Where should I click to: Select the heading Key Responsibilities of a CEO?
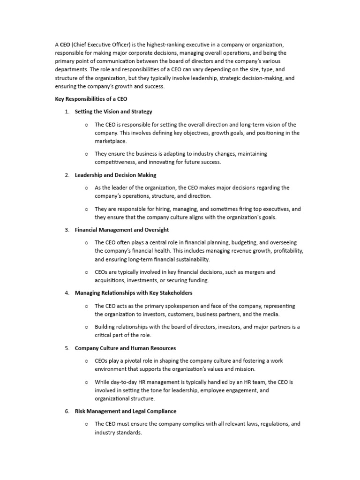tap(91, 99)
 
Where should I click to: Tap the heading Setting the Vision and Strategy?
tap(113, 112)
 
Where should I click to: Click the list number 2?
tap(67, 175)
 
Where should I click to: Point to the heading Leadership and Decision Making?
tap(116, 175)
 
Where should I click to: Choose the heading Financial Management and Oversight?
tap(122, 230)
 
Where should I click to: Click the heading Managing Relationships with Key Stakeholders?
tap(134, 293)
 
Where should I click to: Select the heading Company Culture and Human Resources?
tap(125, 348)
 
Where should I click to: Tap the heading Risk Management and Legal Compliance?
tap(126, 411)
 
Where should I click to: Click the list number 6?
tap(67, 411)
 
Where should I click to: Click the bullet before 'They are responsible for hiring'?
tap(86, 209)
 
